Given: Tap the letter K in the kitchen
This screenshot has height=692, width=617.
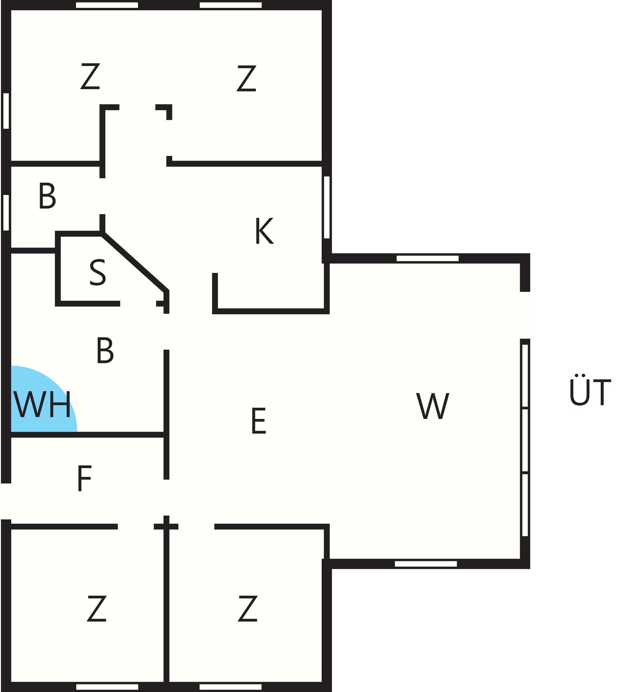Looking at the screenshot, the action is click(x=265, y=231).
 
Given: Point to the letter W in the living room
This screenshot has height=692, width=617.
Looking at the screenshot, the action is click(x=433, y=406).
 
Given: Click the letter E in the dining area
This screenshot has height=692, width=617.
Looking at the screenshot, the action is click(x=259, y=421).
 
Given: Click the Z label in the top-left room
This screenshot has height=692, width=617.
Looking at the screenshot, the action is click(x=90, y=76).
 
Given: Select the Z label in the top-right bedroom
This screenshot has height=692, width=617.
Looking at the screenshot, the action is click(x=246, y=78).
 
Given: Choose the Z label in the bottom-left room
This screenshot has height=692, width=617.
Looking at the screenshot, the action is click(x=97, y=608).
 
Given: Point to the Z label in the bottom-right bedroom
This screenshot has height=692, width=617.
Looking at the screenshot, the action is click(x=248, y=608).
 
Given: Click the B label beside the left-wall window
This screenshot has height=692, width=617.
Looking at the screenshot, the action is click(x=47, y=196).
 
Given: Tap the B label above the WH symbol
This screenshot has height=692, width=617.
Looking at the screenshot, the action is click(x=105, y=350).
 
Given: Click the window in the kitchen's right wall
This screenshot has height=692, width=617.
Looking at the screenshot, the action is click(x=327, y=207).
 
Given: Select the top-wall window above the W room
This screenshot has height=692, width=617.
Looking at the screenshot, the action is click(x=428, y=258).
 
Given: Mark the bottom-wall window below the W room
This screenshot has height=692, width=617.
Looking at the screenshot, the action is click(x=426, y=564).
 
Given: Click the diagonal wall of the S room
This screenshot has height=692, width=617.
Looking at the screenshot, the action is click(x=135, y=262).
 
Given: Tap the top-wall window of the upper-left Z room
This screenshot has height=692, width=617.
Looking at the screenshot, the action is click(x=107, y=5).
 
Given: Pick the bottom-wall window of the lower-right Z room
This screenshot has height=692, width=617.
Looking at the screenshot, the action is click(x=231, y=687).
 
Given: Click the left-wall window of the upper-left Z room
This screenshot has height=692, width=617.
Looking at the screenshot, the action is click(x=6, y=111).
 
